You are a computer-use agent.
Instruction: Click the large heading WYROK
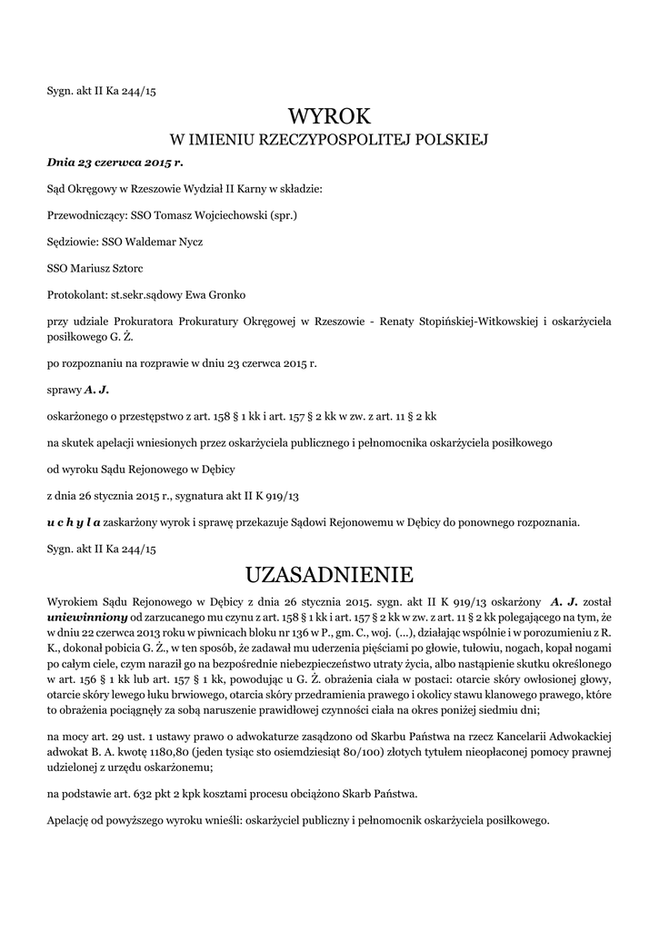pyautogui.click(x=329, y=116)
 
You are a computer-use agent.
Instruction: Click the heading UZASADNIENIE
pyautogui.click(x=329, y=575)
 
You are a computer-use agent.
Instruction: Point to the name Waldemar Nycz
pyautogui.click(x=173, y=242)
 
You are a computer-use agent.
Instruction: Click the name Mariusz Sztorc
pyautogui.click(x=101, y=269)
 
